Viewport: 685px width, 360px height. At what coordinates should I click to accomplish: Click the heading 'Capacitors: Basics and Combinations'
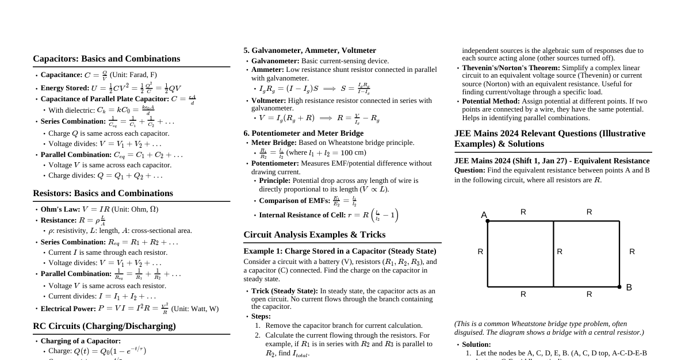pos(106,59)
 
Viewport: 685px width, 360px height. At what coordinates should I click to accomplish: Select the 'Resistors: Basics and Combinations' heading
pos(103,193)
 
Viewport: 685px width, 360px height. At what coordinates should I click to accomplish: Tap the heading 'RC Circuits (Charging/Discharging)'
pos(104,326)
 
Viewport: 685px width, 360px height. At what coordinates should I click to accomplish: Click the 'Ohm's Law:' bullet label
pos(60,209)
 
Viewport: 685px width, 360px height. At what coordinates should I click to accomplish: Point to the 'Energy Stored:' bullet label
pos(65,88)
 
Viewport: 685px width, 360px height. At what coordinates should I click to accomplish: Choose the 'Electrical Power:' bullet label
pos(68,309)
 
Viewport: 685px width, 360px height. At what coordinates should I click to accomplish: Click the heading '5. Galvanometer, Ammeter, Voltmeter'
pos(309,51)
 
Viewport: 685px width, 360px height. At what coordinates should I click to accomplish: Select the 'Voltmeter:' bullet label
pos(269,101)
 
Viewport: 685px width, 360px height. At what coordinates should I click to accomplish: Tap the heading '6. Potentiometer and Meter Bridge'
pos(303,133)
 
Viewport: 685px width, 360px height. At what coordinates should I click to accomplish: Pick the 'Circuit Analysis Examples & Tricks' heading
pos(314,235)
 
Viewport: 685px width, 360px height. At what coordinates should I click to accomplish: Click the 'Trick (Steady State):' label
pos(285,291)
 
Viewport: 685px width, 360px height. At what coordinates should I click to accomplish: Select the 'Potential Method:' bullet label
pos(491,101)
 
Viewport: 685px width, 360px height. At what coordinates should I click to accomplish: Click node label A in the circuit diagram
pos(484,215)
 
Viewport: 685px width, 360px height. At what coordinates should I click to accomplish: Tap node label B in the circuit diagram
pos(629,288)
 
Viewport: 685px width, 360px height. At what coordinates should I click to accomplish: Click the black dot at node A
pos(488,221)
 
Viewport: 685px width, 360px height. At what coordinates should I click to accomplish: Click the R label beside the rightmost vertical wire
pos(632,252)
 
